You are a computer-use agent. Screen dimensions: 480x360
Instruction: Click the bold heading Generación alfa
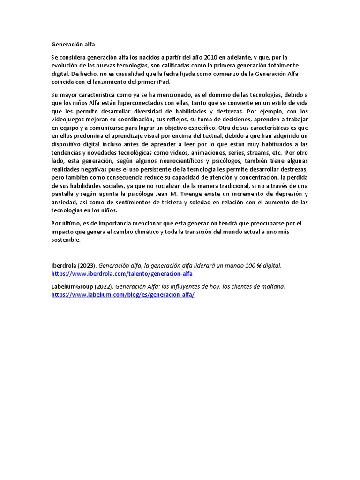[x=73, y=45]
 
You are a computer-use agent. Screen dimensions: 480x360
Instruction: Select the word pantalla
[x=62, y=194]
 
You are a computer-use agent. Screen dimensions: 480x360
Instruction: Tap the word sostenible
[x=66, y=240]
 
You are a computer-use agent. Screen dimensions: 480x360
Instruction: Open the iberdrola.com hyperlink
[x=122, y=274]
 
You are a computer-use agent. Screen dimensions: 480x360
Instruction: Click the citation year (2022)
[x=104, y=286]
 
